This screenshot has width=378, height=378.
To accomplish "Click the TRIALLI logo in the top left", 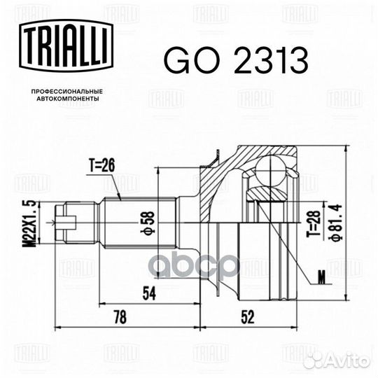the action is (x=66, y=45).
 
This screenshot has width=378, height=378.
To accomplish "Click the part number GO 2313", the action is (x=236, y=60).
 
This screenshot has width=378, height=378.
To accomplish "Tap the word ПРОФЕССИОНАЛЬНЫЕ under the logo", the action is (x=67, y=92).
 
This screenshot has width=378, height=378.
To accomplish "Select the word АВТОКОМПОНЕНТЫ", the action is (x=68, y=99).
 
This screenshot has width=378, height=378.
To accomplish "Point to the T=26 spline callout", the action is (x=102, y=166).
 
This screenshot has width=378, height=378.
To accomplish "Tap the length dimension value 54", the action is (x=150, y=293).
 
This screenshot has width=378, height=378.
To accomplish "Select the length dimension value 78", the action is (x=120, y=317).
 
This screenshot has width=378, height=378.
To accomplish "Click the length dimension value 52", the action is (x=248, y=317).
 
